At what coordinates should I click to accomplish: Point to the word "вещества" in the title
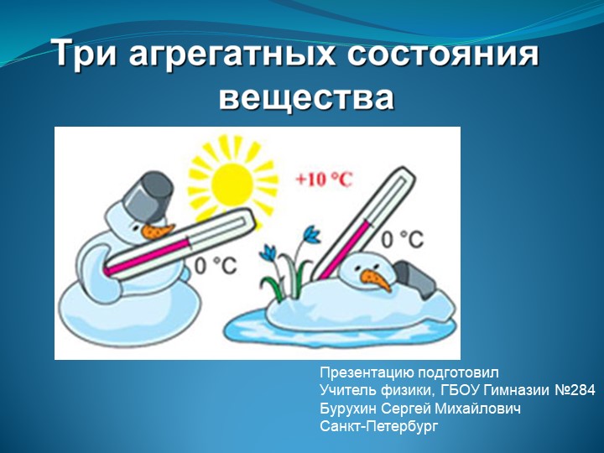[306, 98]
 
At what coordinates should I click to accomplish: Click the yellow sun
[231, 178]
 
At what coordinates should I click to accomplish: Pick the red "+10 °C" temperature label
[324, 178]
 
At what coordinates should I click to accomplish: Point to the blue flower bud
[311, 234]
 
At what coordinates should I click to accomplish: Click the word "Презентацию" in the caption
[363, 372]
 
